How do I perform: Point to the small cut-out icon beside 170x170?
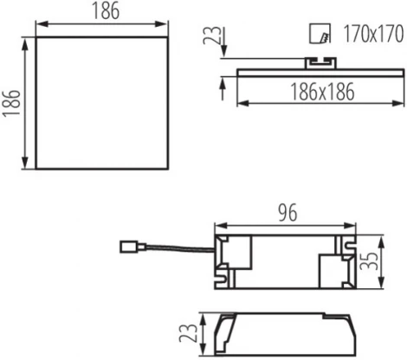coord(320,35)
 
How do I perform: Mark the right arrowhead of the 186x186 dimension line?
coord(399,103)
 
